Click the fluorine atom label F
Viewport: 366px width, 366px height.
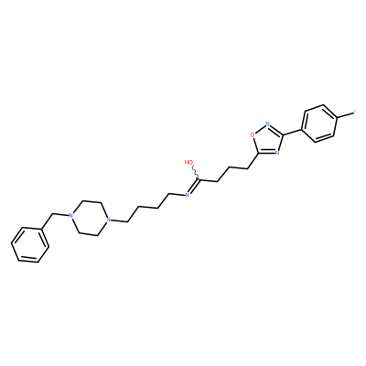[x=355, y=112]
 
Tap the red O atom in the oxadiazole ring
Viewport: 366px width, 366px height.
[x=253, y=135]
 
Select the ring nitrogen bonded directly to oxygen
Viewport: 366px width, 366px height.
[x=268, y=124]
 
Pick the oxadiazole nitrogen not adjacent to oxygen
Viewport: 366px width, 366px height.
[x=277, y=153]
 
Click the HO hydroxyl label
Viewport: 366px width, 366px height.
[x=188, y=162]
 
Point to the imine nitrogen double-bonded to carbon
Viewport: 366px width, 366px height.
[x=188, y=195]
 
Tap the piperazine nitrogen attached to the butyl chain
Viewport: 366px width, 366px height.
[x=107, y=220]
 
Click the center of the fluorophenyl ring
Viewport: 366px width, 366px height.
[x=318, y=124]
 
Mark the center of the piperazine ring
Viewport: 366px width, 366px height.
[x=89, y=218]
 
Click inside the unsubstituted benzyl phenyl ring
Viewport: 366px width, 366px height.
[x=30, y=245]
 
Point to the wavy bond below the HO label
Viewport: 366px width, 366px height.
[x=195, y=172]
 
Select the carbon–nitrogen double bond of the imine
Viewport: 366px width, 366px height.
[x=193, y=188]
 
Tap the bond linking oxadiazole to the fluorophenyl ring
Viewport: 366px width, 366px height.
[x=292, y=132]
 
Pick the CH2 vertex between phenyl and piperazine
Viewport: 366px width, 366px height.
[x=52, y=214]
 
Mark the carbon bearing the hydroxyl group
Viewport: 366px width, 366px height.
[x=199, y=180]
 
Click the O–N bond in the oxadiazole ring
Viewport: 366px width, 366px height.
[x=260, y=129]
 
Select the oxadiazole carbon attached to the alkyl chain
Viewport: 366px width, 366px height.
[x=259, y=155]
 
